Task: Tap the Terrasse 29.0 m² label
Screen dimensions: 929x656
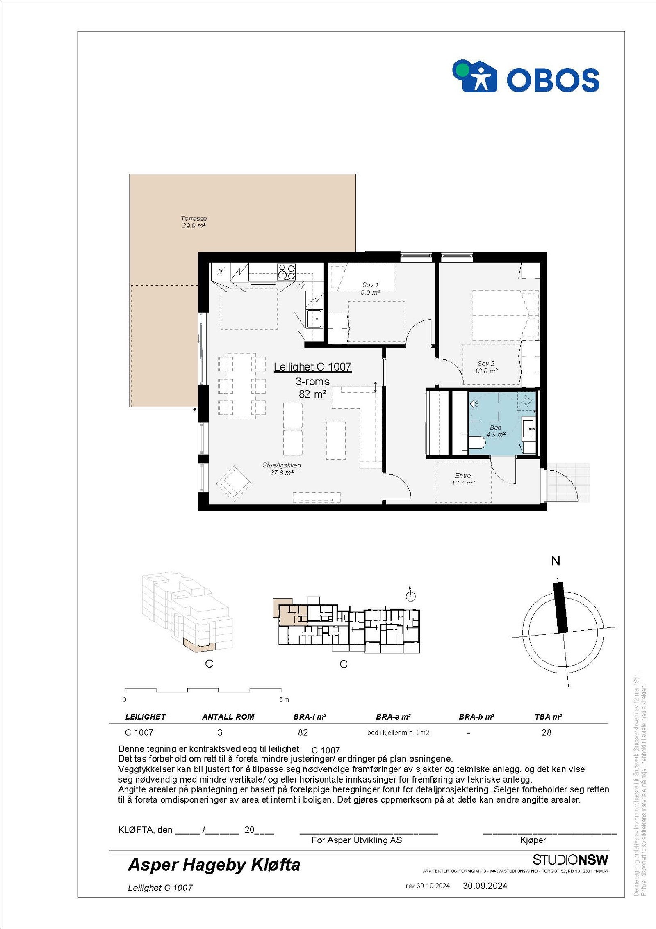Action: [x=194, y=222]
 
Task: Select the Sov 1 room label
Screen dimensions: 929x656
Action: [x=370, y=288]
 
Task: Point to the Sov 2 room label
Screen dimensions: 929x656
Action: [x=486, y=367]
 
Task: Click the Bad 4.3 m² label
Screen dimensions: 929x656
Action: [x=495, y=431]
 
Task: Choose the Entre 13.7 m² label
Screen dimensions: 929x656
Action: [x=463, y=479]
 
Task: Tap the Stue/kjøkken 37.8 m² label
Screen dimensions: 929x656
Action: [x=282, y=469]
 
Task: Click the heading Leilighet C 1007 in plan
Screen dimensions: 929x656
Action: [x=312, y=367]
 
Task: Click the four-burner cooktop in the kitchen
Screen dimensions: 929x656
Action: [x=286, y=271]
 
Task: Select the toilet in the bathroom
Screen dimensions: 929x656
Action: [x=476, y=443]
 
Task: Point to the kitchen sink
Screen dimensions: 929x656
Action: [x=315, y=318]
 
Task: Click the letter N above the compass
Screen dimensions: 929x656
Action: [x=556, y=561]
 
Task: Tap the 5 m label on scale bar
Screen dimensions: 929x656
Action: [x=284, y=699]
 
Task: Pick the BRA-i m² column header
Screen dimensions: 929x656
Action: [x=310, y=717]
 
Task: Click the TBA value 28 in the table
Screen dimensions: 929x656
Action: [x=546, y=732]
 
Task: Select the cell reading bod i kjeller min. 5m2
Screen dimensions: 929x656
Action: [x=398, y=732]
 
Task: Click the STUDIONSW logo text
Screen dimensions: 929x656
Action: [x=570, y=860]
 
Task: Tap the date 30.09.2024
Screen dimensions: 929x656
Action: [x=485, y=886]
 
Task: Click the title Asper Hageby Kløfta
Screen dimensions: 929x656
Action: [x=214, y=865]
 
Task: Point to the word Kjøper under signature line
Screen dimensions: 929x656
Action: [x=533, y=840]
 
